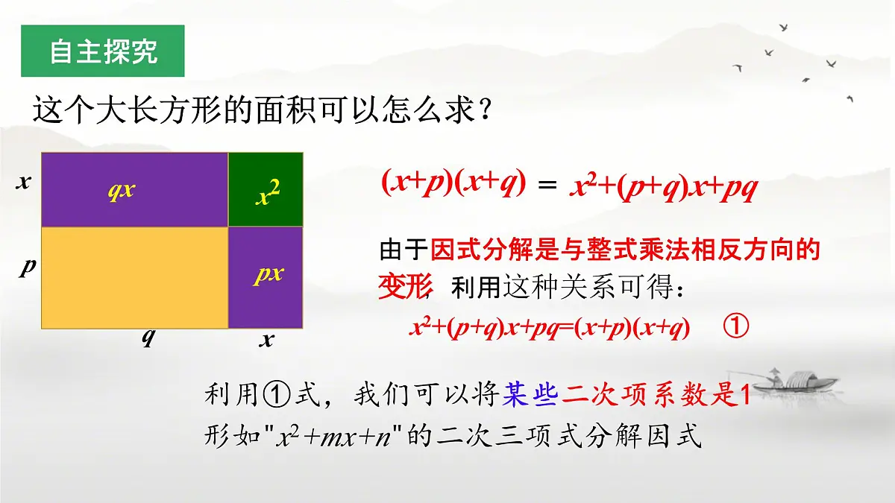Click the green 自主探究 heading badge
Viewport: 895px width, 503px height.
tap(102, 51)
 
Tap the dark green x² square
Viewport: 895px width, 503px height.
tap(266, 189)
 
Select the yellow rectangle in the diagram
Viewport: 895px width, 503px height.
tap(134, 277)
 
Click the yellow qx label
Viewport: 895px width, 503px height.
tap(121, 189)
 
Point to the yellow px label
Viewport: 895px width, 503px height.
tap(268, 273)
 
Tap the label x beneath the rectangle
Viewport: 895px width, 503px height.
tap(266, 340)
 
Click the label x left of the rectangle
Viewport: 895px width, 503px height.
tap(24, 181)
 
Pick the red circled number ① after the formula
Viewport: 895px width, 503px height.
tap(735, 327)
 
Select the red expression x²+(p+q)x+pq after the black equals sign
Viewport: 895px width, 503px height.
tap(663, 186)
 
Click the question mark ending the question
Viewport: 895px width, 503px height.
tap(486, 112)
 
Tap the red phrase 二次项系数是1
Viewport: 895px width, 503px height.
tap(655, 394)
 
